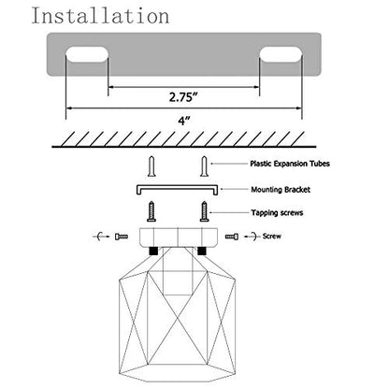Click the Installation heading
pos(100,16)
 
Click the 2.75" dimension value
pos(184,97)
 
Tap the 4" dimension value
pos(184,121)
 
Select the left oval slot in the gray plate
pos(87,54)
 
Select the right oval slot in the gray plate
pos(281,54)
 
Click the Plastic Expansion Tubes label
pos(290,164)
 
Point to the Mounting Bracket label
pos(281,190)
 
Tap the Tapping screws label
pos(277,213)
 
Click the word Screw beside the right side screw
pos(272,237)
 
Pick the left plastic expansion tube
pos(151,166)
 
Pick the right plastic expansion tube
pos(204,166)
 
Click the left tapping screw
pos(151,211)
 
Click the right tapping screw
pos(204,211)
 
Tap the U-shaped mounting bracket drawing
pos(178,187)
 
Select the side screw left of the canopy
pos(122,237)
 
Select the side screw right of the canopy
pos(232,237)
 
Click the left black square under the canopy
pos(153,251)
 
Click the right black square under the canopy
pos(202,251)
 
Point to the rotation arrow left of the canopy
pos(100,237)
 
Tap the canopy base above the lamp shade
pos(178,238)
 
